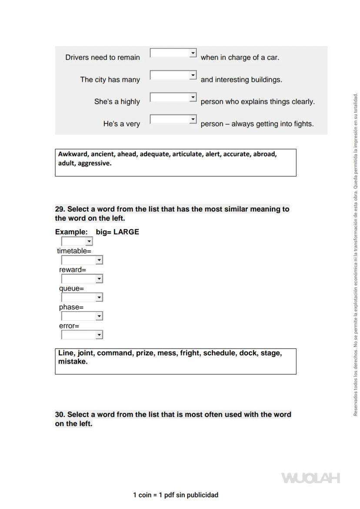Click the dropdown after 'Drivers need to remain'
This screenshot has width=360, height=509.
point(173,53)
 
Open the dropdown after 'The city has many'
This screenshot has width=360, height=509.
point(173,75)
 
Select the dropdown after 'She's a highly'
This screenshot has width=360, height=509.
point(173,97)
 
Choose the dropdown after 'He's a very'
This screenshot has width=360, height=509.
point(173,119)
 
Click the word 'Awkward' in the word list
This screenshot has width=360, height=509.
point(73,154)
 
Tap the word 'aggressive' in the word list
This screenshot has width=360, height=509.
point(94,163)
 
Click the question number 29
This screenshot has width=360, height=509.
point(60,209)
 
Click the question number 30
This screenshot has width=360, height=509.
point(60,415)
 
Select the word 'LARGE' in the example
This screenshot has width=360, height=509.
point(126,232)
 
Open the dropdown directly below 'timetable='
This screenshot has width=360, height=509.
point(82,260)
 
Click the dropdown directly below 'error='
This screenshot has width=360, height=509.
point(82,335)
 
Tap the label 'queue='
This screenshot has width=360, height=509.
point(71,289)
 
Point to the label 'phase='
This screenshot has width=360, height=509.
point(71,307)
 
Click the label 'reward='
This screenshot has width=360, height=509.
point(73,270)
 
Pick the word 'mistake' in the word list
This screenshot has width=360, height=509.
point(73,362)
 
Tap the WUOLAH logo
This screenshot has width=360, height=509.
point(310,478)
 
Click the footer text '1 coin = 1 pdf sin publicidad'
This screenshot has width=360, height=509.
point(176,495)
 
